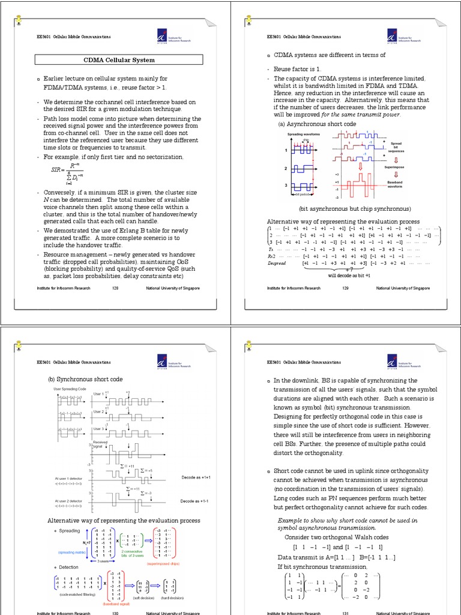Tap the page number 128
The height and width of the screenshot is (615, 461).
coord(115,288)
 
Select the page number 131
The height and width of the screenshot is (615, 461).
coord(345,613)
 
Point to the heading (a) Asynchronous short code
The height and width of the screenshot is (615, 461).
coord(317,124)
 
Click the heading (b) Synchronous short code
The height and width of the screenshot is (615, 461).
coord(84,380)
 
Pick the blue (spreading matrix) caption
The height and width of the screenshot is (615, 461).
coord(73,551)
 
